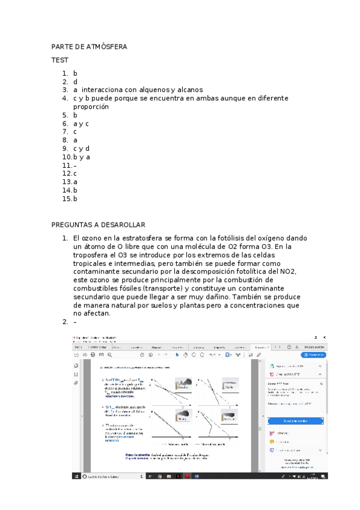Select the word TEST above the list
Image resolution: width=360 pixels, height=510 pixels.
tap(60, 60)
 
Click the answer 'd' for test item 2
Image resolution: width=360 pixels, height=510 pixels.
tap(76, 81)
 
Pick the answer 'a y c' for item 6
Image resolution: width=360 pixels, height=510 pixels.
tap(81, 123)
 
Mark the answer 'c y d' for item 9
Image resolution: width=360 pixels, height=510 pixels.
tap(82, 148)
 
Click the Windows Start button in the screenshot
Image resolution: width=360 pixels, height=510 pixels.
tap(76, 476)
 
